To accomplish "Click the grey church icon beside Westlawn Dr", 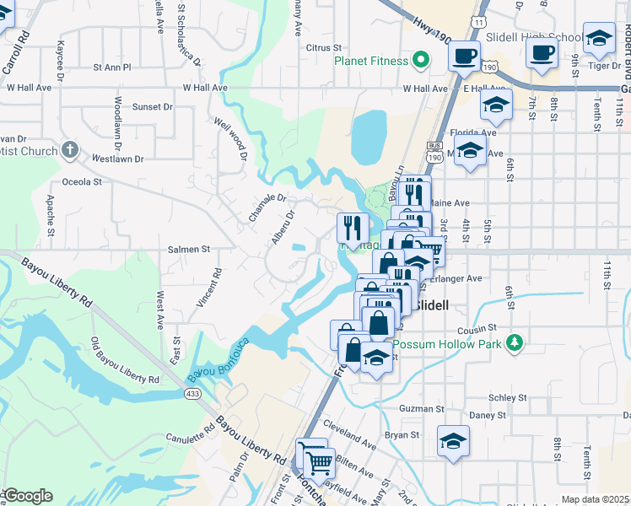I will (71, 151).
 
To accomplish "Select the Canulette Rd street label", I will (191, 436).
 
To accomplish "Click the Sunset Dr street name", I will (152, 107).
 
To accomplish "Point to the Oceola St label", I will (82, 181).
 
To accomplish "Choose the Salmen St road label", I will (188, 250).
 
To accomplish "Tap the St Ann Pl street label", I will (112, 67).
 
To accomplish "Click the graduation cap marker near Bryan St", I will (454, 441).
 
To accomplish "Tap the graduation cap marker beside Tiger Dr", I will (599, 38).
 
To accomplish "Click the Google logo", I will (29, 495).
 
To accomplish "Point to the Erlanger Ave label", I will (460, 277).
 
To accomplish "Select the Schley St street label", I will (509, 396).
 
